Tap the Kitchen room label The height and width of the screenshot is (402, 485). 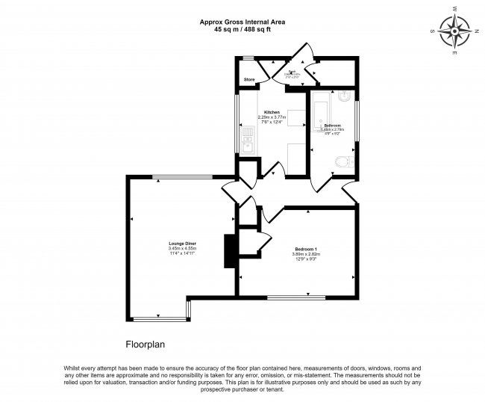tap(272, 112)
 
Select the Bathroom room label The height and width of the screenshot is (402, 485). tap(332, 125)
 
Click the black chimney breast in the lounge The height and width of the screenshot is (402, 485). tap(229, 251)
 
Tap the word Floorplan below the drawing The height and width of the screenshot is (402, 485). tap(144, 345)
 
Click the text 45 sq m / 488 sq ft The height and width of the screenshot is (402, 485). tap(242, 30)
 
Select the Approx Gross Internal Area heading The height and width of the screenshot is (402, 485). tap(242, 22)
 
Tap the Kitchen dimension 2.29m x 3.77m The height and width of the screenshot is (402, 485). tap(272, 117)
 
